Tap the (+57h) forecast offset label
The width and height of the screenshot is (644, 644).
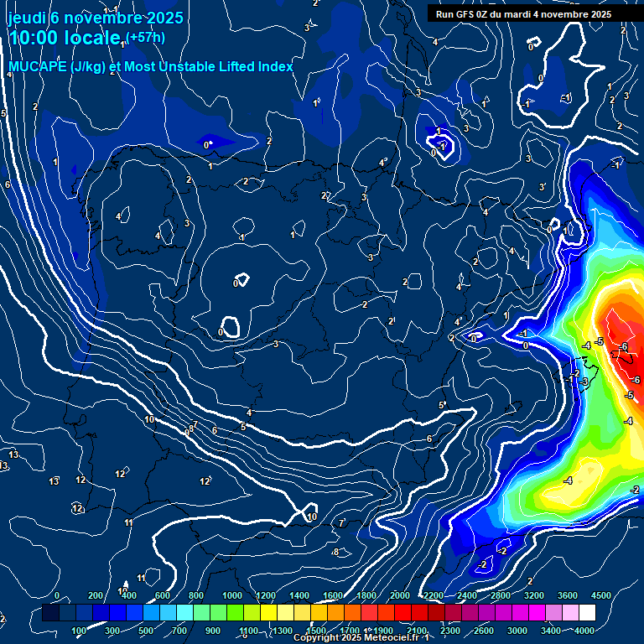pos(144,37)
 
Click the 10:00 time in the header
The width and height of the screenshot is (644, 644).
pos(35,38)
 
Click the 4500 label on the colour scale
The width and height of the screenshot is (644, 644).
pos(601,595)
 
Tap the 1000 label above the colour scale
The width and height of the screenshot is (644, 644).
pos(231,595)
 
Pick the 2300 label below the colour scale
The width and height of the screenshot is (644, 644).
pos(450,631)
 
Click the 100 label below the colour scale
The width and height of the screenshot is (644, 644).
pos(80,631)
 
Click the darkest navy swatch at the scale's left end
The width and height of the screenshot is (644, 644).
pos(50,614)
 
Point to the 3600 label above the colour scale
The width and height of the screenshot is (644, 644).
pos(568,595)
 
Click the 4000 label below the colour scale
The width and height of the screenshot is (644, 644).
pos(584,631)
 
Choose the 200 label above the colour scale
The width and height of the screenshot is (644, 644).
pos(95,595)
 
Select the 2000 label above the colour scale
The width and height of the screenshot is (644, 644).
pos(400,595)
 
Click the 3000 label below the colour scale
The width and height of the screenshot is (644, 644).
pos(517,631)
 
